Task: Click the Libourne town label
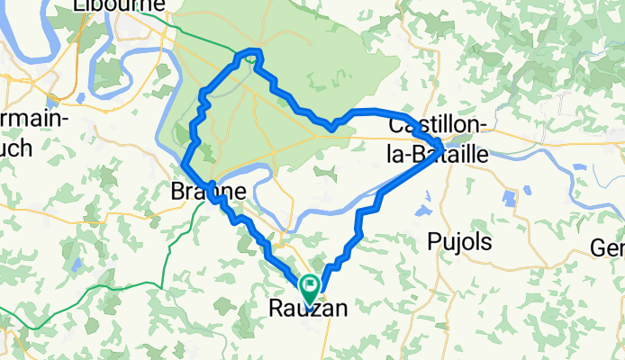pyautogui.click(x=120, y=5)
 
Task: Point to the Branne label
pyautogui.click(x=208, y=192)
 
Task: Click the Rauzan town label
pyautogui.click(x=308, y=309)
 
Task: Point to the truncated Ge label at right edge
pyautogui.click(x=608, y=247)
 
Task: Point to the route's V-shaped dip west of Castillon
pyautogui.click(x=331, y=127)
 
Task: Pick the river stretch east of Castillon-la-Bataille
pyautogui.click(x=558, y=188)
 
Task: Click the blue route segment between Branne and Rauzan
pyautogui.click(x=261, y=238)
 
